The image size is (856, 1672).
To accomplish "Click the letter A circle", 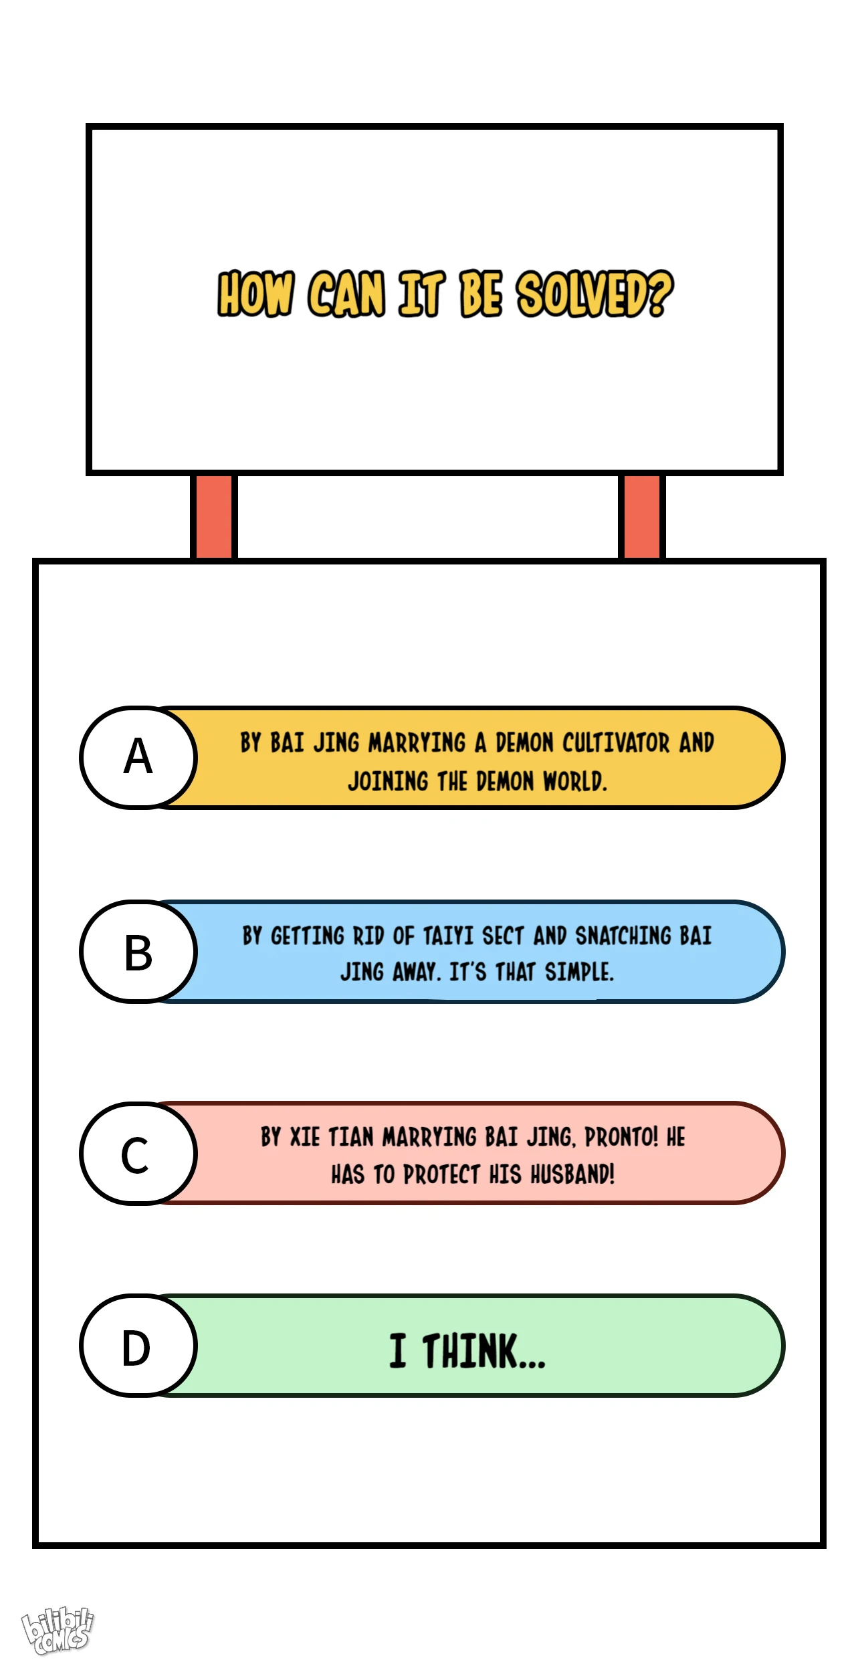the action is tap(138, 757).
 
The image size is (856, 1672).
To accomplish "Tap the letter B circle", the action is tap(138, 951).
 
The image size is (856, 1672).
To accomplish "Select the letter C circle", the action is tap(138, 1154).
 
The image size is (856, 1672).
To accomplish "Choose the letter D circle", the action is tap(138, 1346).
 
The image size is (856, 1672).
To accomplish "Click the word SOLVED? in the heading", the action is tap(595, 294).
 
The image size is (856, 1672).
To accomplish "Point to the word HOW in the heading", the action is tap(255, 294).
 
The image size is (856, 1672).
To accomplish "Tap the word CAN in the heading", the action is tap(346, 294).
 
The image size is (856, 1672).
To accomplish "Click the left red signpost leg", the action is tap(214, 516).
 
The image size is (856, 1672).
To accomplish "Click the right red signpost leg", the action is tap(642, 516).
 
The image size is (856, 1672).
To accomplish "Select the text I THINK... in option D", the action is tap(467, 1350).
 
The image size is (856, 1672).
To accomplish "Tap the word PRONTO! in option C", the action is tap(621, 1137).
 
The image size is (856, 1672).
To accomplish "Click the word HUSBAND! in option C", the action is tap(572, 1174).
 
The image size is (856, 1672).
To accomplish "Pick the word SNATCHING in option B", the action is tap(623, 936).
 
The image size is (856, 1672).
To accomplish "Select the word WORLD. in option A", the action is tap(574, 781).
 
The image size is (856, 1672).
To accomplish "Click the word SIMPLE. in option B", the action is tap(579, 972).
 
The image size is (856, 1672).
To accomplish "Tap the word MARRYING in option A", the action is tap(417, 742).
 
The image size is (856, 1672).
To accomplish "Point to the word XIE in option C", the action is tap(305, 1137).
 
